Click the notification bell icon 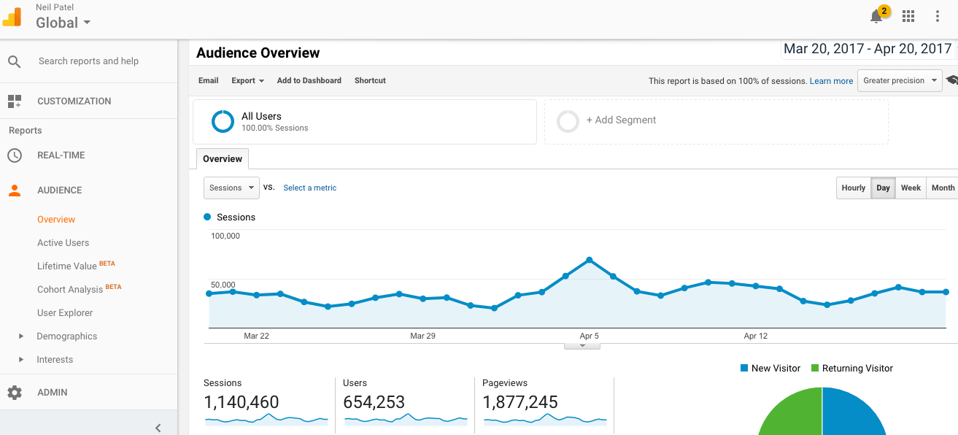[x=876, y=17]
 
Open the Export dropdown [x=247, y=80]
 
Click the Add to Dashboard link [x=309, y=80]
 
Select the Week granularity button [x=911, y=188]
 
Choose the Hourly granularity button [x=853, y=188]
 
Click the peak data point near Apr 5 [x=589, y=260]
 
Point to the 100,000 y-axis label [x=225, y=236]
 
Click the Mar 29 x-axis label [x=422, y=336]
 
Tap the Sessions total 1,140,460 [x=241, y=402]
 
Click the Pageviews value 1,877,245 [x=519, y=402]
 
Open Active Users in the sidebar [x=63, y=242]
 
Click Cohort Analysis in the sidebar [x=70, y=289]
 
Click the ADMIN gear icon [x=15, y=393]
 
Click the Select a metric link [x=309, y=188]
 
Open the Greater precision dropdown [x=900, y=80]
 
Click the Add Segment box [x=620, y=120]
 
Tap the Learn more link [x=831, y=81]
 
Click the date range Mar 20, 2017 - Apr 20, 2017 [x=867, y=49]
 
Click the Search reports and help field [x=88, y=61]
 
